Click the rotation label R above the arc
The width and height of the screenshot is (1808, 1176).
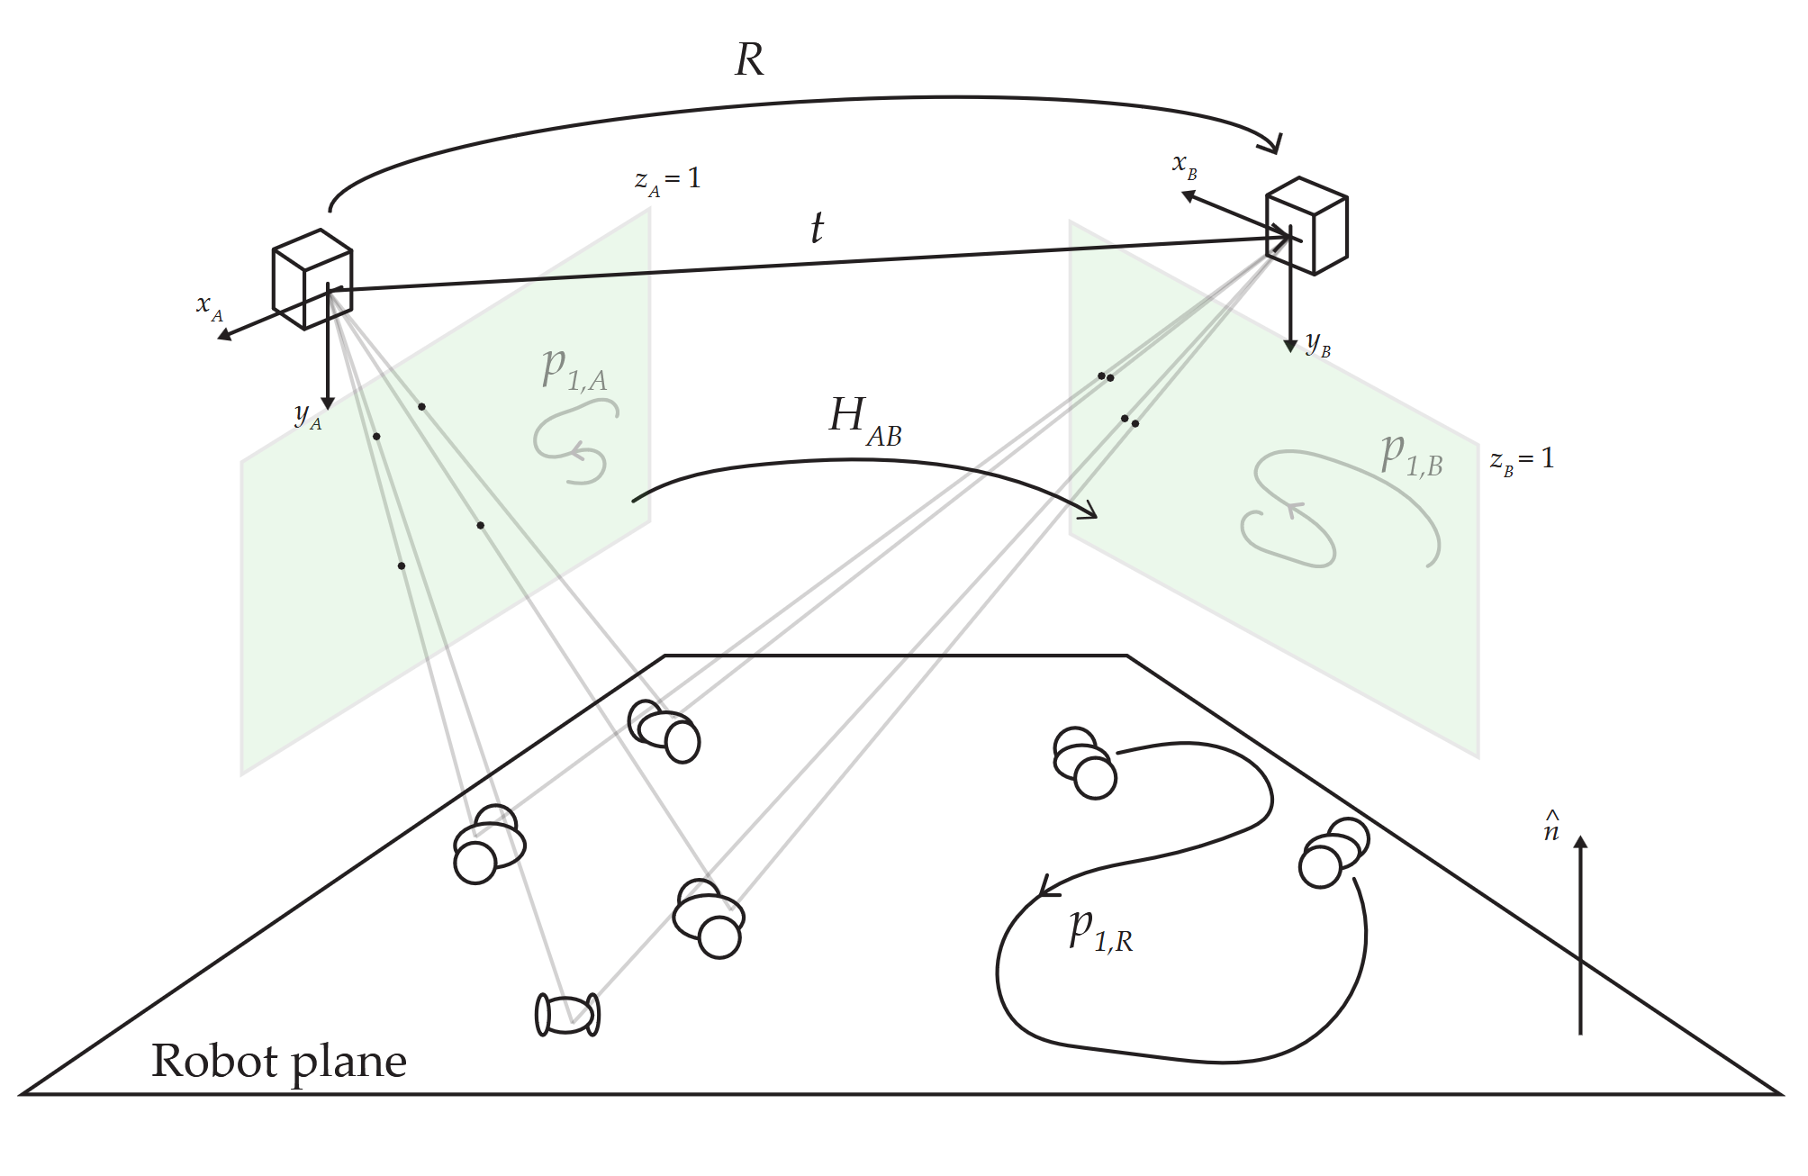(x=749, y=60)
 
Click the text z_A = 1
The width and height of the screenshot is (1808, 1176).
(x=667, y=179)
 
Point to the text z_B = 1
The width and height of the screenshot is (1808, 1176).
(x=1522, y=460)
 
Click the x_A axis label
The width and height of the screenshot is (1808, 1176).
(x=209, y=307)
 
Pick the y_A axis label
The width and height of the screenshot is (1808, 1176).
(x=307, y=416)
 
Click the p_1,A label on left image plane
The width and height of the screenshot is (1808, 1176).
(x=574, y=369)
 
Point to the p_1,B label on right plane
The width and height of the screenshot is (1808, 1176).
(x=1412, y=454)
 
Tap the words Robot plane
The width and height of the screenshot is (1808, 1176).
(x=279, y=1061)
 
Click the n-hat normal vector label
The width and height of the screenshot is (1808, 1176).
(x=1551, y=828)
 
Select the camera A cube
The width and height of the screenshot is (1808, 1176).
(x=312, y=279)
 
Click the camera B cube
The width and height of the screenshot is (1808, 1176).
(x=1307, y=226)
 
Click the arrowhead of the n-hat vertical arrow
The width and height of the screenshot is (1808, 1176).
(x=1580, y=843)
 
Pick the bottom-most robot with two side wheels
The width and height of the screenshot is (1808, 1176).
(x=567, y=1015)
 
